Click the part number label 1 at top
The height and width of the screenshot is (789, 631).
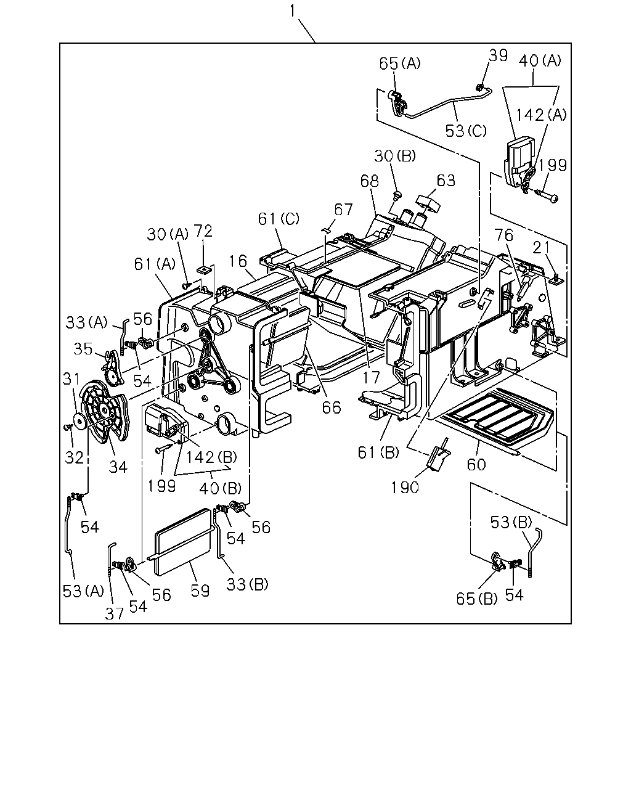click(292, 11)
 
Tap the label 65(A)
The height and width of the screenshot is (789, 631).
click(400, 63)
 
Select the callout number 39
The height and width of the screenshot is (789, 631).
click(499, 55)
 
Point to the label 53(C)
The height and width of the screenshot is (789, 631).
click(466, 131)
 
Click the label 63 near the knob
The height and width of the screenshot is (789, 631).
click(446, 181)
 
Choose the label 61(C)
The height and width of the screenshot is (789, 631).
click(279, 219)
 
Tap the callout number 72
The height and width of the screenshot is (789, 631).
click(203, 231)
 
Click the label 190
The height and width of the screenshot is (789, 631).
click(404, 488)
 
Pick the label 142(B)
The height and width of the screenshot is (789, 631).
click(211, 457)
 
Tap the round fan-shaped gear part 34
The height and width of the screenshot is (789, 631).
click(104, 411)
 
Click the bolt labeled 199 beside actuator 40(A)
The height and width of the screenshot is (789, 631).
click(546, 197)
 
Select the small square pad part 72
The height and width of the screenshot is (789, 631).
click(203, 270)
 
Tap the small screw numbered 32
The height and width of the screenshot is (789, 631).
click(67, 427)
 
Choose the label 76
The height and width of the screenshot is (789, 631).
click(504, 235)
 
